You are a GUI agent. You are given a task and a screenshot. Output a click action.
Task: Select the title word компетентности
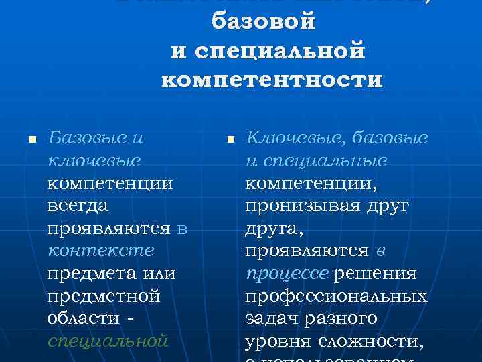pos(272,80)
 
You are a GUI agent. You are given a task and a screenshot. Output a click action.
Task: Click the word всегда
pos(77,205)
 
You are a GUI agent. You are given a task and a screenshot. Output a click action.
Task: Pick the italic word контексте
pos(100,251)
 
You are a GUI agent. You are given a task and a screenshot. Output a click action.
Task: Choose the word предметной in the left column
pos(104,296)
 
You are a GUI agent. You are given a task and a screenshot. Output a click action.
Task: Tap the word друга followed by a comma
pos(274,228)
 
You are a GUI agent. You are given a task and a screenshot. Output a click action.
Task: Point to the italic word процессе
pos(286,274)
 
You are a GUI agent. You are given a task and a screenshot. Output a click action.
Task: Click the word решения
pos(375,274)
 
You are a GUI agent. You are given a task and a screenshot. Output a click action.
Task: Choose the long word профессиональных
pos(336,296)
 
